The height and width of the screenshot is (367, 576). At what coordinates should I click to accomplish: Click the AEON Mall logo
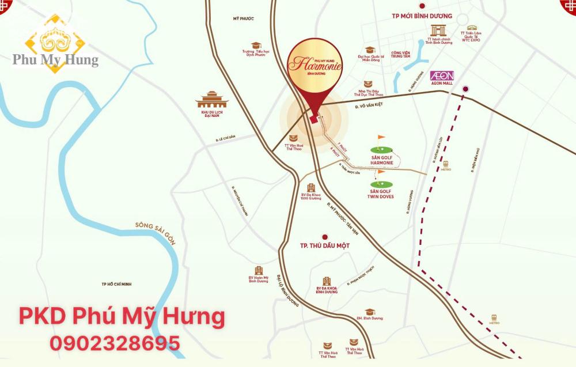pos(442,75)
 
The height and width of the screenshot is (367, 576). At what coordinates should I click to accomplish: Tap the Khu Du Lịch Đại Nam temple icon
pos(212,100)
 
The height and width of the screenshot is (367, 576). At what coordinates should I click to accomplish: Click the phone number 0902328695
pos(115,343)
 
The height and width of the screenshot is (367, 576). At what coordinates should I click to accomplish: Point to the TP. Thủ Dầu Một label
pos(325,245)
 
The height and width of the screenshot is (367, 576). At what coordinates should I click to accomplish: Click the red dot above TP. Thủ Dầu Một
pos(325,236)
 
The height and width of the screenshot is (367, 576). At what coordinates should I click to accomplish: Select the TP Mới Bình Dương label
pos(422,16)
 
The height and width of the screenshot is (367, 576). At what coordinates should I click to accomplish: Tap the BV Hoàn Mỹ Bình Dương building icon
pos(259,270)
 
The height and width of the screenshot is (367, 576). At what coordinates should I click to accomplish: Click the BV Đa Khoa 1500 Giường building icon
pos(310,188)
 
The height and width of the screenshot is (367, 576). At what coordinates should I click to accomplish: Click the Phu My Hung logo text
pos(55,59)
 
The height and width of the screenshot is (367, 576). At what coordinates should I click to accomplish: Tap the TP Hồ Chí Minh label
pos(117,284)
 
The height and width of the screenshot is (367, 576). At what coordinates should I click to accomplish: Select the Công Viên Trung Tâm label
pos(400,55)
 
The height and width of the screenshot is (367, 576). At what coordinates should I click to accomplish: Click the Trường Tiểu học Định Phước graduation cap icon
pos(255,45)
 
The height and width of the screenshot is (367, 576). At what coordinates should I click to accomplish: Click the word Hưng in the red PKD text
pos(192,316)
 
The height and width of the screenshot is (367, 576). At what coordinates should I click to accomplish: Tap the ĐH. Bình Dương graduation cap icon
pos(369,312)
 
